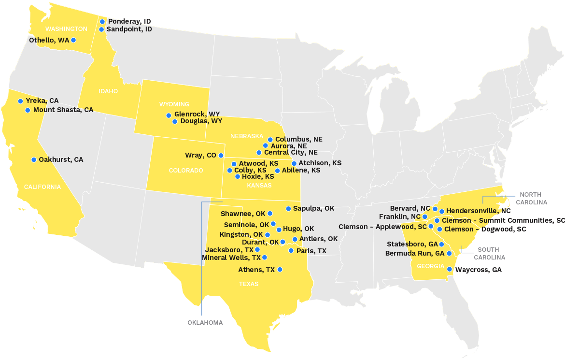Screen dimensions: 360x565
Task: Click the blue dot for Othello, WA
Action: [x=73, y=40]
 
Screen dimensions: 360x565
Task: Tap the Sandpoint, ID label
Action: [x=129, y=29]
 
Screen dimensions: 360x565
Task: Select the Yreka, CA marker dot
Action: [x=20, y=101]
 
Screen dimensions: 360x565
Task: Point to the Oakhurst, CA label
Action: [x=61, y=159]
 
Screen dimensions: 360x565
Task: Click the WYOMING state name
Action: [x=174, y=104]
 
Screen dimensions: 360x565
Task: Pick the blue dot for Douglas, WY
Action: [x=175, y=121]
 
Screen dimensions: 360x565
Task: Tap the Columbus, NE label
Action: [x=298, y=140]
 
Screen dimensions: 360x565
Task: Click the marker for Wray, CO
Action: [x=221, y=156]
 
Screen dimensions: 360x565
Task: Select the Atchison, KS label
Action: [x=320, y=163]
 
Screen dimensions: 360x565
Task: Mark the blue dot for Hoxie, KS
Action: [x=238, y=177]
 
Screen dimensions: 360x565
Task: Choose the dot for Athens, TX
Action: [x=280, y=270]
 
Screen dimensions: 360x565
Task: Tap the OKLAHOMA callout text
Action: [x=205, y=322]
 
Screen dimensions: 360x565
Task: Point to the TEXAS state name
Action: [x=249, y=284]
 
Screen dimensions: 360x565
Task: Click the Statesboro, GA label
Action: [x=412, y=245]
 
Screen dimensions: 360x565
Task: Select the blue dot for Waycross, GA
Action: [x=449, y=270]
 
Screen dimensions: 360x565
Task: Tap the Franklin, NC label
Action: [x=399, y=216]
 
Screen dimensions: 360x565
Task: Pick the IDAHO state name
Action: [x=108, y=91]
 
